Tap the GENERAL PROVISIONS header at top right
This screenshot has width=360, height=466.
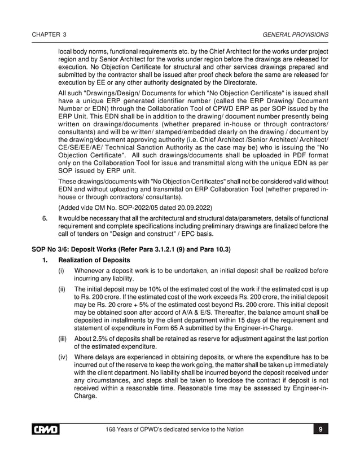pos(296,34)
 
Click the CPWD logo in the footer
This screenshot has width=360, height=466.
pos(45,430)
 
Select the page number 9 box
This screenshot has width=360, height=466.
pos(320,430)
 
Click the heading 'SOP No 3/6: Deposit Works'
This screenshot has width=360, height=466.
pos(79,250)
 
